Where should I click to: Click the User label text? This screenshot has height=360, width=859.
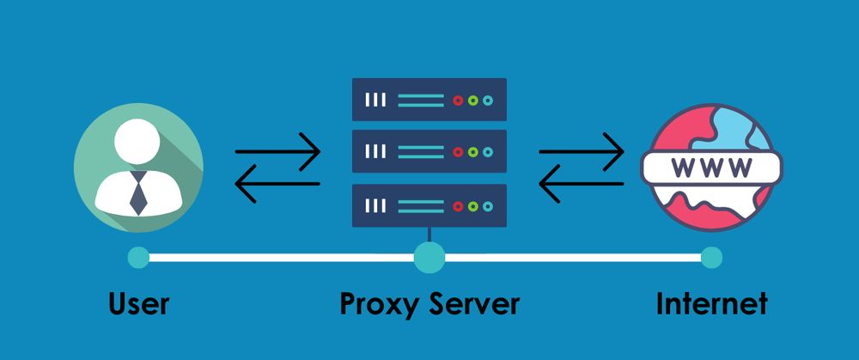(x=138, y=303)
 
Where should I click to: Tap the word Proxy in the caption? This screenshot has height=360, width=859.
(x=379, y=304)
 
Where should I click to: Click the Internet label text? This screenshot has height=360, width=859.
(x=711, y=303)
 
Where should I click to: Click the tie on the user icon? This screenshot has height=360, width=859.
(x=138, y=192)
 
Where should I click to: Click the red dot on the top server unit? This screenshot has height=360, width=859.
(x=458, y=101)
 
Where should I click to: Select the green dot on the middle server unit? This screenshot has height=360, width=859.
(x=473, y=152)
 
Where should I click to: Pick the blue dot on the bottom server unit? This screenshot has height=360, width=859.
(x=488, y=205)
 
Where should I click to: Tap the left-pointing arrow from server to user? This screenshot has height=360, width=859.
(x=277, y=183)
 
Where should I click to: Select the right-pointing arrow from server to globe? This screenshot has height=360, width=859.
(x=582, y=152)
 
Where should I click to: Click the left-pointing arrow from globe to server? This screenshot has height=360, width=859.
(x=582, y=183)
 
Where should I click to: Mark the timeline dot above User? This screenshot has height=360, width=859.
(x=137, y=257)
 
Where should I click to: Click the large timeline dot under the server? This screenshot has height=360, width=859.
(x=429, y=257)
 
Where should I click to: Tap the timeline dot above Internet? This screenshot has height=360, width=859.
(x=711, y=257)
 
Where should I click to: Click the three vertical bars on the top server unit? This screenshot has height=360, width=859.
(x=375, y=101)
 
